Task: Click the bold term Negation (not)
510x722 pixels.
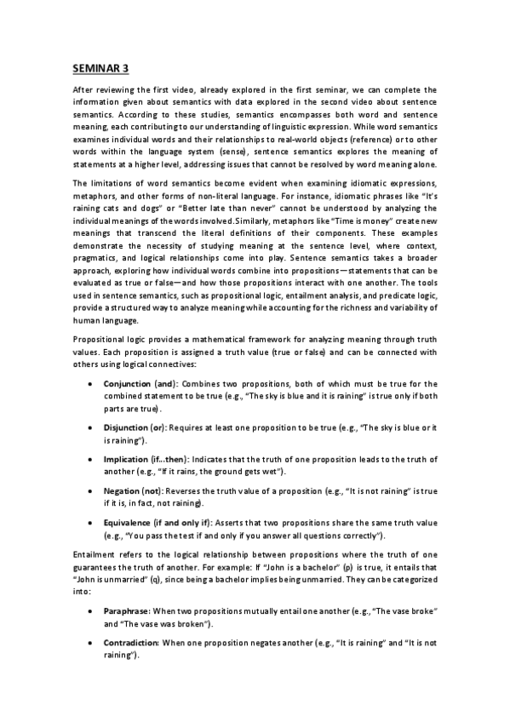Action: point(133,491)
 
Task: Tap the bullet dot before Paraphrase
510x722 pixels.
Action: point(91,612)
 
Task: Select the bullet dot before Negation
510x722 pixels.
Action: point(91,492)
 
